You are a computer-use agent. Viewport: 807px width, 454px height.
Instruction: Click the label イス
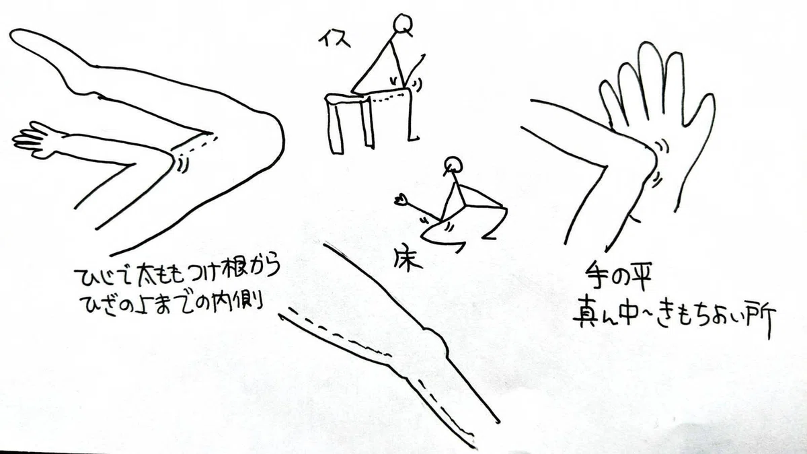(334, 38)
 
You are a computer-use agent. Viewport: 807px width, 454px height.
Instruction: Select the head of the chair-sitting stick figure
(401, 24)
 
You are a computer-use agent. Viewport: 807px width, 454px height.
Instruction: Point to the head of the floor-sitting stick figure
(453, 165)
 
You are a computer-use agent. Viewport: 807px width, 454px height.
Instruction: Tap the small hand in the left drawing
(36, 140)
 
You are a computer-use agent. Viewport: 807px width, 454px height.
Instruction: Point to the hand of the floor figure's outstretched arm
(401, 200)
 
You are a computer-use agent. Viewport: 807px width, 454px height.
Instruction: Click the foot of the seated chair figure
(414, 138)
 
